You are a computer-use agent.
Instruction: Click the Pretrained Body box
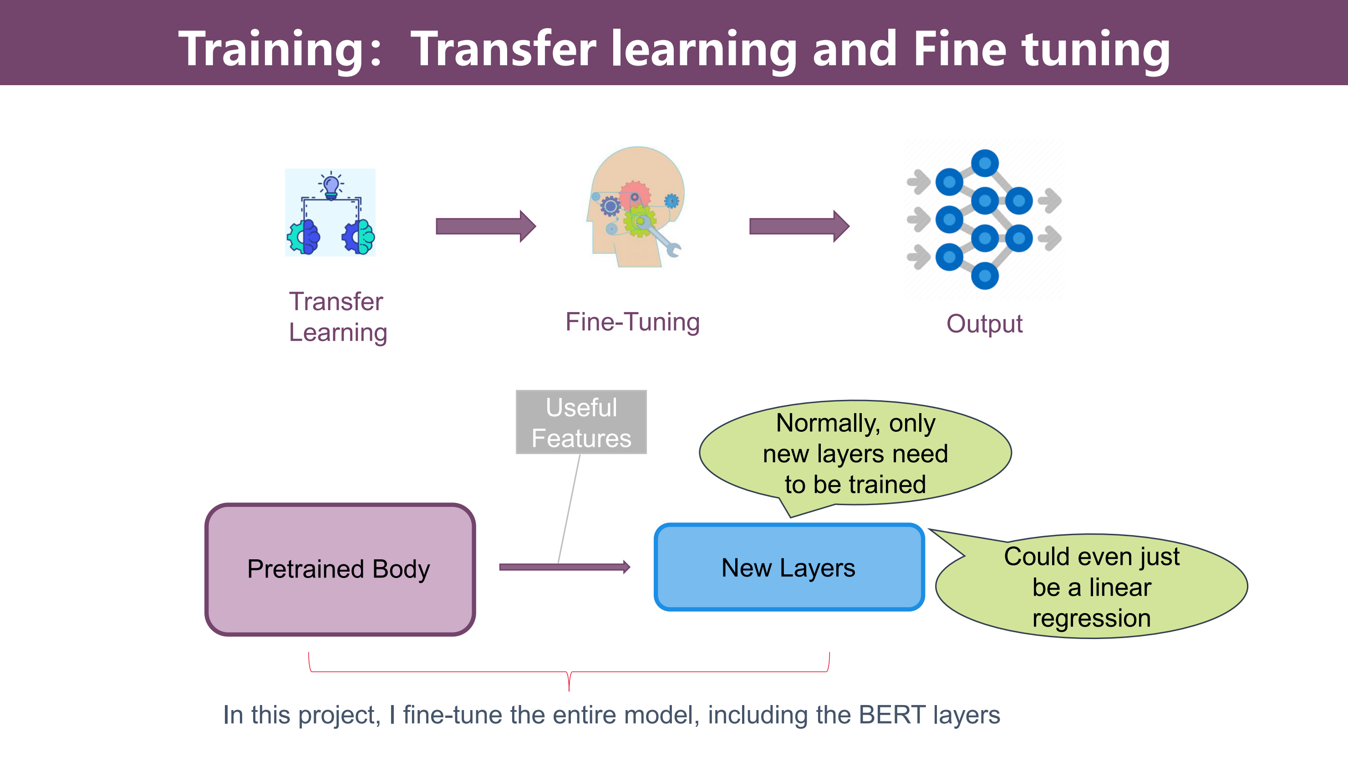(x=340, y=569)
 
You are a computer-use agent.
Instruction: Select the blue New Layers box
(x=789, y=567)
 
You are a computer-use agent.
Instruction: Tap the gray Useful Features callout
(x=581, y=422)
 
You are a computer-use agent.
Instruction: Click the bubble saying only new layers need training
(x=855, y=453)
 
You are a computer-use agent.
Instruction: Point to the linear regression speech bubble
(x=1092, y=586)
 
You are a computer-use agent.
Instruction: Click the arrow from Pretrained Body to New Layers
(x=565, y=567)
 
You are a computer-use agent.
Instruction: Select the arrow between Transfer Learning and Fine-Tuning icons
(x=486, y=226)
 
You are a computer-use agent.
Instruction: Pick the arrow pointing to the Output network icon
(x=799, y=226)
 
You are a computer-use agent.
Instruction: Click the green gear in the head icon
(x=640, y=220)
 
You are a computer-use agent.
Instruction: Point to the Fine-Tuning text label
(x=633, y=322)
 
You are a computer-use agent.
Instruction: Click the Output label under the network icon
(x=984, y=324)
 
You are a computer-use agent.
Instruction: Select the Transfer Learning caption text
(x=338, y=317)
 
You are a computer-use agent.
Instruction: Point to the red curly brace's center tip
(x=569, y=691)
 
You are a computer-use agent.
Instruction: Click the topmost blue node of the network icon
(x=985, y=164)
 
